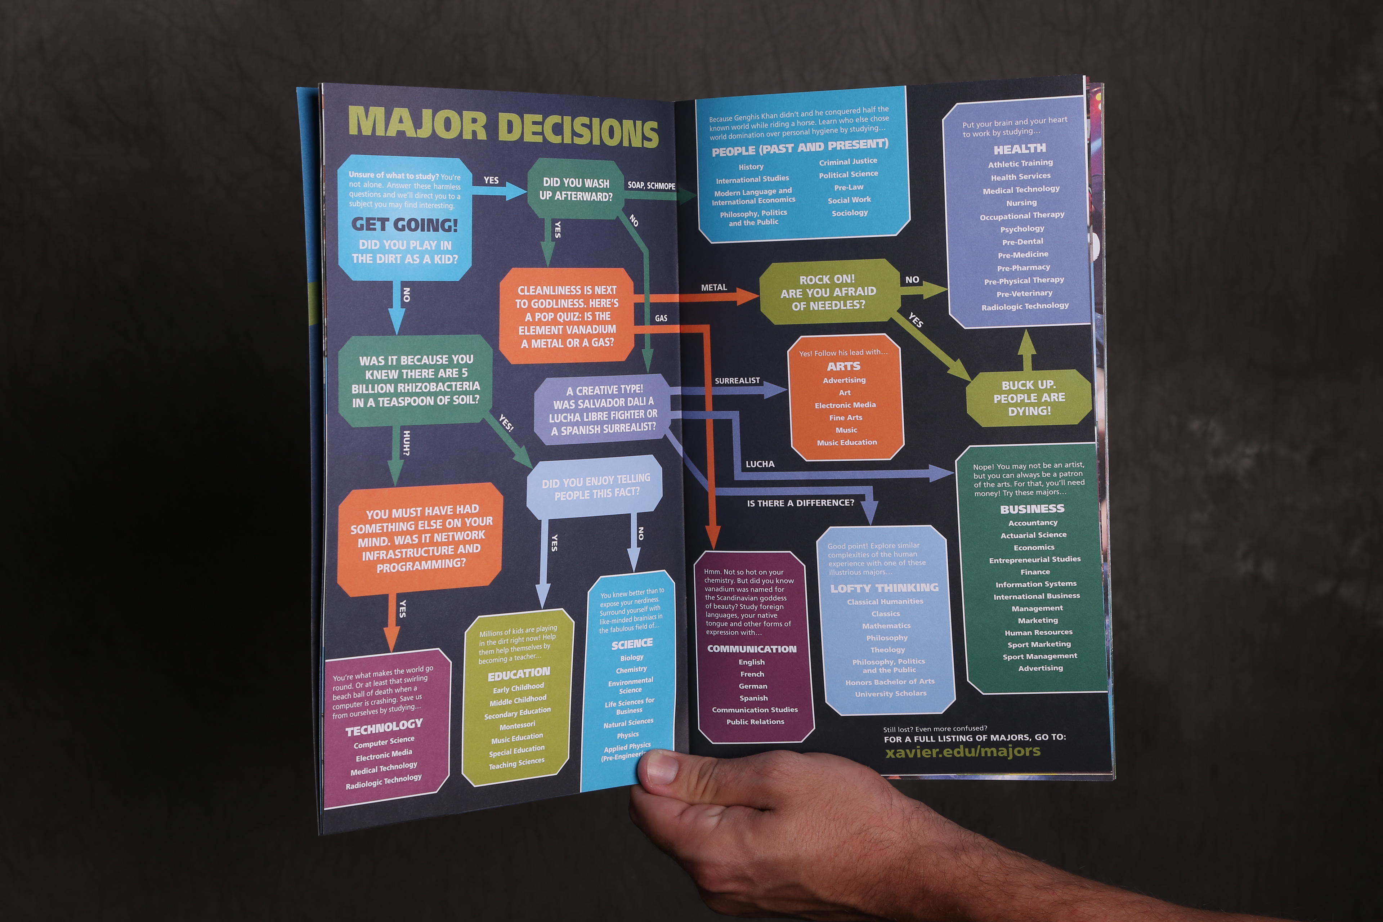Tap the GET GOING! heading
click(x=404, y=225)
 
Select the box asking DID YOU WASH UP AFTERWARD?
click(x=576, y=189)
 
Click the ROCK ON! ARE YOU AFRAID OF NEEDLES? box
click(x=828, y=292)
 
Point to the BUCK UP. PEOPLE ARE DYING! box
click(x=1029, y=398)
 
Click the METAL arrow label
click(x=714, y=287)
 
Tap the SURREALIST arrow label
click(x=737, y=380)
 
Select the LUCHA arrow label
click(x=760, y=464)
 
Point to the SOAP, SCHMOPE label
click(x=651, y=185)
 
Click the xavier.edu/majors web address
click(x=963, y=751)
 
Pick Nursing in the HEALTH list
click(x=1021, y=203)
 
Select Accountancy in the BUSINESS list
click(x=1033, y=523)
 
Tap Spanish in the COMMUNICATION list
click(x=753, y=698)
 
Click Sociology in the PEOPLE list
click(x=850, y=213)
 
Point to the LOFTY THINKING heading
click(x=885, y=588)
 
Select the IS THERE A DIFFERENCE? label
click(x=800, y=503)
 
